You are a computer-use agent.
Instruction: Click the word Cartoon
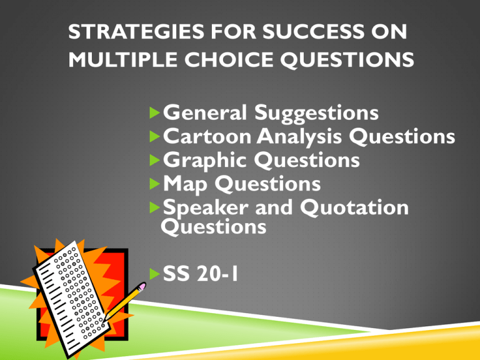pos(204,137)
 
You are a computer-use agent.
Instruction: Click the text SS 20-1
pos(200,276)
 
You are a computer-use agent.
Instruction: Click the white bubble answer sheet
pos(75,294)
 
